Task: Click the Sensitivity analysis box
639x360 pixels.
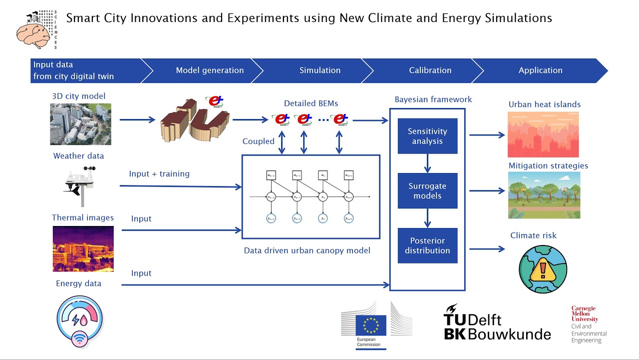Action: tap(427, 136)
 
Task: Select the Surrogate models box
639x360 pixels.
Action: tap(427, 190)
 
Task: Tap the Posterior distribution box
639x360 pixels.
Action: tap(427, 245)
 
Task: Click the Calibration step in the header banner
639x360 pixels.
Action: tap(430, 70)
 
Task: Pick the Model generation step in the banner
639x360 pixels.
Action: tap(210, 70)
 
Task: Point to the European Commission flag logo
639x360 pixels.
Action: tap(370, 325)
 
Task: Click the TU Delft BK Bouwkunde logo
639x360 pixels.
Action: tap(497, 322)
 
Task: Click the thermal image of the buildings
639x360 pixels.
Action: tap(83, 248)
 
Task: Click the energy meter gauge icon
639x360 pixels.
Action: tap(80, 321)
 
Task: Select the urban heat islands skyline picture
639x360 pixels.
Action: tap(543, 134)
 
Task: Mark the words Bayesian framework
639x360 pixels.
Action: tap(433, 99)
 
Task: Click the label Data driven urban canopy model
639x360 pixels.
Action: tap(307, 250)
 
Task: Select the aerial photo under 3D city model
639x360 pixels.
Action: tap(80, 124)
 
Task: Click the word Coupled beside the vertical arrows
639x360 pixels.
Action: tap(258, 141)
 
